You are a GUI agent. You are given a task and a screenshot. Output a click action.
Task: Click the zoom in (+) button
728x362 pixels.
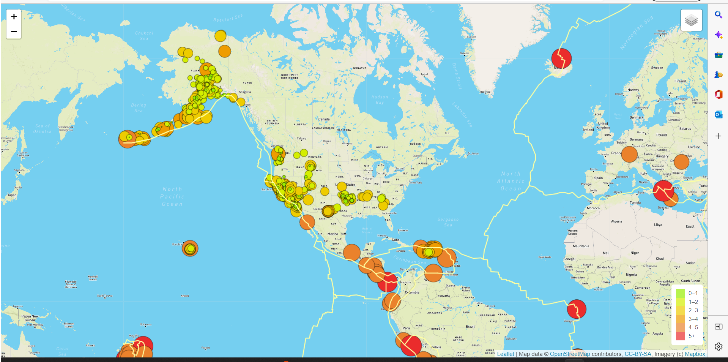[14, 17]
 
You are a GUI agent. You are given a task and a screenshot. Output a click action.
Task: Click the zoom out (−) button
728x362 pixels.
[14, 32]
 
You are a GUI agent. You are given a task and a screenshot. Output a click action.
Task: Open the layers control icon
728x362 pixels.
[691, 20]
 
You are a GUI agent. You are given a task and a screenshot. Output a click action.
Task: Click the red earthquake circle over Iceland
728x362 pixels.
[561, 58]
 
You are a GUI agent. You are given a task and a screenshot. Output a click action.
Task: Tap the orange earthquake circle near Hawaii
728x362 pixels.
[190, 248]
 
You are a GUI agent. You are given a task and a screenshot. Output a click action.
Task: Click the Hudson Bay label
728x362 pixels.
[380, 100]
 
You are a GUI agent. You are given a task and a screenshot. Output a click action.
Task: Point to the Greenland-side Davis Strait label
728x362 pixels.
[456, 76]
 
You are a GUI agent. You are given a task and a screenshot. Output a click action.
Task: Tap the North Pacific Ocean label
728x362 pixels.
[173, 196]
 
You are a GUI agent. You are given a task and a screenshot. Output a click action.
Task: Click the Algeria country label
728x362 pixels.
[616, 221]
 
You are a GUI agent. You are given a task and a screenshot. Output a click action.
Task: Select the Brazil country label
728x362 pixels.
[470, 327]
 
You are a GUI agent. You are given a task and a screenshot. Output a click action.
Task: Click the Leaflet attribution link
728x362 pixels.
[506, 354]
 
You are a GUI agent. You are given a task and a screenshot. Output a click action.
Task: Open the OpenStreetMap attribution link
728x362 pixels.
[570, 354]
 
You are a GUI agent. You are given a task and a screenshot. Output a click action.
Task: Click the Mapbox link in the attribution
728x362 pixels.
[695, 354]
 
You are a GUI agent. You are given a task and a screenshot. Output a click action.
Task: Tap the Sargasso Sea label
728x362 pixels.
[448, 222]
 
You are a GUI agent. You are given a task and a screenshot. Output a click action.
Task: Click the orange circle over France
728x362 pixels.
[629, 154]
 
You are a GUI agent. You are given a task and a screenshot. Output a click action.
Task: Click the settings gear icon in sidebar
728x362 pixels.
[718, 346]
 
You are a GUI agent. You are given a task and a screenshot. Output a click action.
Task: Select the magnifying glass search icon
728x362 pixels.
[718, 15]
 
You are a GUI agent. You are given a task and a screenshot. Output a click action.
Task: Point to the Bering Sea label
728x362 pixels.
[139, 108]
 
